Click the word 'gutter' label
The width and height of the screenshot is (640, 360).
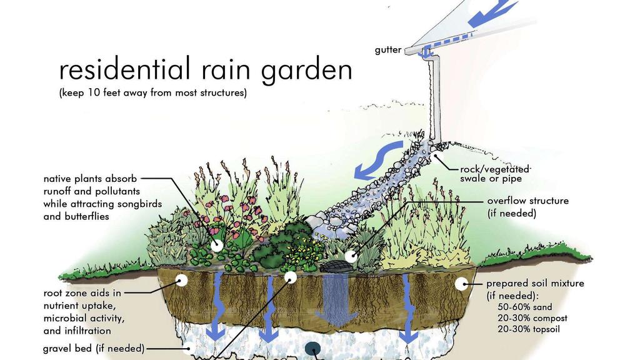(387, 50)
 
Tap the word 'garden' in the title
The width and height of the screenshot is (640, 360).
(306, 70)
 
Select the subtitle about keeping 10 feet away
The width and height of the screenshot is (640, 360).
(153, 92)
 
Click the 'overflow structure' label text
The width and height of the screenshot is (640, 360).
(527, 201)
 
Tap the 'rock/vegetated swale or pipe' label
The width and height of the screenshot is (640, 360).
(496, 174)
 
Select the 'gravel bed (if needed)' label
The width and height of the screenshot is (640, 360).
(94, 349)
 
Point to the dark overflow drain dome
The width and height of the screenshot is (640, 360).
(336, 267)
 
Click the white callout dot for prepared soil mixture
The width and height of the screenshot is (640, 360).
(462, 284)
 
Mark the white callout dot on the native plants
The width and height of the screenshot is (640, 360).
(216, 245)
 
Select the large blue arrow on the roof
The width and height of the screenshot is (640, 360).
(492, 13)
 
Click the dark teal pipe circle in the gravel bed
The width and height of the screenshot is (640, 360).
(314, 349)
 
